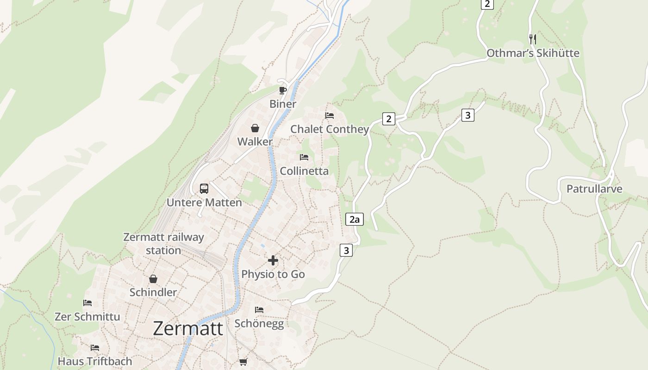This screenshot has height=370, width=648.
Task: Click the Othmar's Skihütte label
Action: tap(533, 53)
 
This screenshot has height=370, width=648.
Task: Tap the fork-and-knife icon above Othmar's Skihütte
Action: tap(533, 39)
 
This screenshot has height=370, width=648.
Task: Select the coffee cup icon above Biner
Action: tap(282, 90)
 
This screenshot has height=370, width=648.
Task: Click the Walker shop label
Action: tap(255, 142)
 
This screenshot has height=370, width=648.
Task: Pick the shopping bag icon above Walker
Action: tap(255, 128)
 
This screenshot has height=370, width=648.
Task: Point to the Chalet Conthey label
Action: tap(330, 129)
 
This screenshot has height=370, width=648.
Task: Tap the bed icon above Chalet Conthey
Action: tap(330, 115)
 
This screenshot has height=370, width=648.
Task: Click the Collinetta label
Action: tap(304, 171)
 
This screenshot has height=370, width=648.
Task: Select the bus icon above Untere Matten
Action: tap(204, 189)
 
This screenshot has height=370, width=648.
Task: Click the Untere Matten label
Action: tap(204, 203)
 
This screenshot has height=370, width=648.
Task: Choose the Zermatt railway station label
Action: tap(163, 244)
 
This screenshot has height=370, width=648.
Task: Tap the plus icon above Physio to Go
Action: tap(273, 260)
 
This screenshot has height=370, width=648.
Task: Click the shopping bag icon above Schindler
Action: tap(153, 279)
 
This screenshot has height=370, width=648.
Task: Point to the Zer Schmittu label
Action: tap(87, 317)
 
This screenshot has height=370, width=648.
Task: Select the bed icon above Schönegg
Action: tap(259, 309)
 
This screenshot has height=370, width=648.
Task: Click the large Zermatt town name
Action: tap(188, 328)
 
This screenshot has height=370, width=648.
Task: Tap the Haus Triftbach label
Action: tap(95, 361)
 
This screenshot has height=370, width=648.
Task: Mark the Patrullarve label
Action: tap(594, 189)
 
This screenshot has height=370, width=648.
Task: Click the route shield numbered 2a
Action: tap(355, 219)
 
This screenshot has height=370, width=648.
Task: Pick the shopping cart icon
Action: tap(243, 362)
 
